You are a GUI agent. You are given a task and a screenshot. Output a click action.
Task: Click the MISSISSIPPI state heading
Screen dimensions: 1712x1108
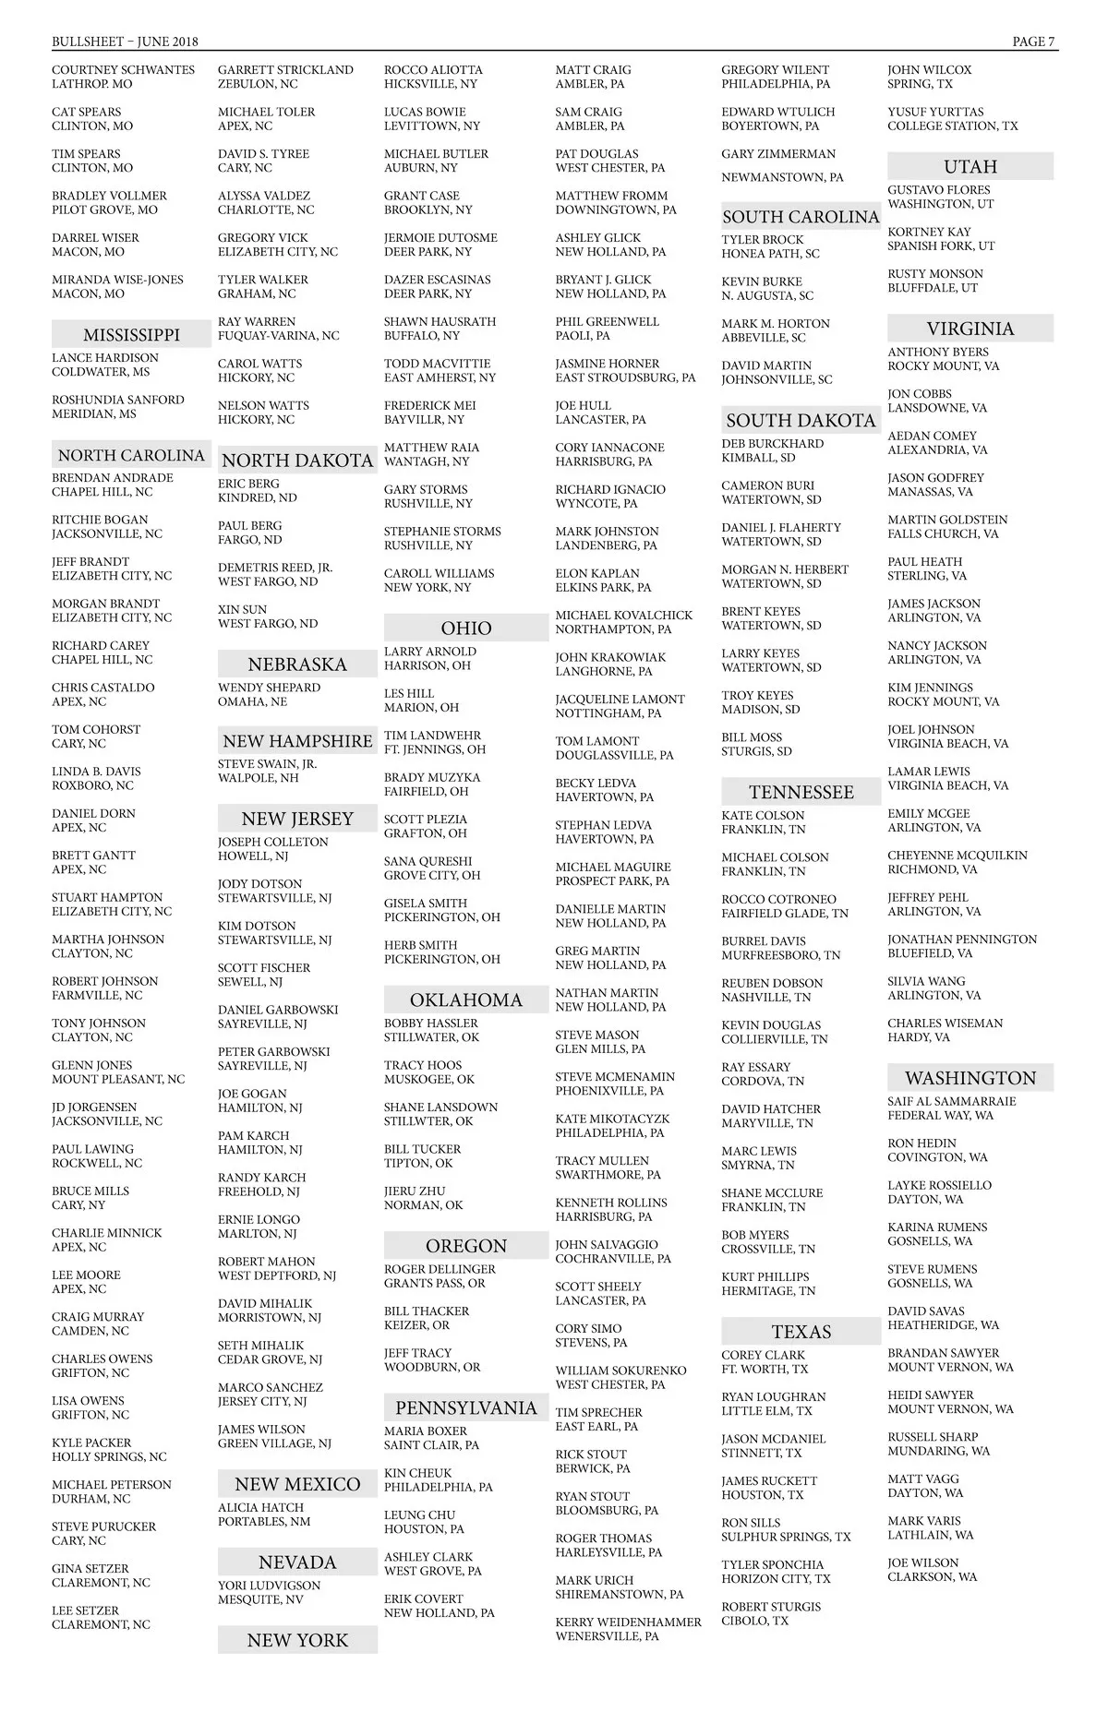point(131,335)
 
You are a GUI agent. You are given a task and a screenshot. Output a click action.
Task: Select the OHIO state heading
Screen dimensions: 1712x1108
point(466,629)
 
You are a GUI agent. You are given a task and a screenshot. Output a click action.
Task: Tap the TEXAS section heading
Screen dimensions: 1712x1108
point(801,1332)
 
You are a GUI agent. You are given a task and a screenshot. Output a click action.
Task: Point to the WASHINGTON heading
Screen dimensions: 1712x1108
point(970,1078)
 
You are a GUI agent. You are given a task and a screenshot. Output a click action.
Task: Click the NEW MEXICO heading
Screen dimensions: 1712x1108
point(297,1484)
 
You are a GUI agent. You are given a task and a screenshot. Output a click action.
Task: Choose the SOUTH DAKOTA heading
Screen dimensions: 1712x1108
point(801,421)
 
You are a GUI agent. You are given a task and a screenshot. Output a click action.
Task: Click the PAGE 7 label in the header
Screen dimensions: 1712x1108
point(1034,42)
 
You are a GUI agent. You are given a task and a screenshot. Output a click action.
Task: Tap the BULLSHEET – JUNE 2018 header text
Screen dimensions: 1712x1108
point(125,42)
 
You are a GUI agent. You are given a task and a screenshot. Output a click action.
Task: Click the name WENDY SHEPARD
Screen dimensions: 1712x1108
point(269,688)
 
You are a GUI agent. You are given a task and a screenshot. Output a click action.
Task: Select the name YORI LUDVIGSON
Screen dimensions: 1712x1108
point(269,1586)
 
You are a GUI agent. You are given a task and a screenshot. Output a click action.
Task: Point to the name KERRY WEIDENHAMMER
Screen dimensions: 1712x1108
point(628,1622)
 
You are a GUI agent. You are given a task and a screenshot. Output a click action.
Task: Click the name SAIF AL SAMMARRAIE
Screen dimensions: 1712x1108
point(951,1101)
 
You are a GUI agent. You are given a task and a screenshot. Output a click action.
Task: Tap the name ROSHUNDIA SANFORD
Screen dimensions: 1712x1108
point(117,400)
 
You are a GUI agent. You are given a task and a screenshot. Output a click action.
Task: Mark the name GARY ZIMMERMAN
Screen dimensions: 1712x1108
point(778,154)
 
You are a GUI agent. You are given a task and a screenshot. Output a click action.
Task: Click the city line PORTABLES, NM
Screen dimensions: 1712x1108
point(264,1521)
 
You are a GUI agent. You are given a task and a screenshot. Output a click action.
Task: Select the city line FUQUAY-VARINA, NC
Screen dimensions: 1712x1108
point(278,336)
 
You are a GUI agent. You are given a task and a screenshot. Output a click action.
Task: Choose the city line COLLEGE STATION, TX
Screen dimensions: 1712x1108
point(952,126)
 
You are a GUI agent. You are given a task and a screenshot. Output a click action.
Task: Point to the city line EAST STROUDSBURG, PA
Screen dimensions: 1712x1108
point(625,377)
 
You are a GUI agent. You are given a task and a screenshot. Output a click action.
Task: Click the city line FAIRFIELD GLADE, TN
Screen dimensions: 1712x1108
point(784,914)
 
